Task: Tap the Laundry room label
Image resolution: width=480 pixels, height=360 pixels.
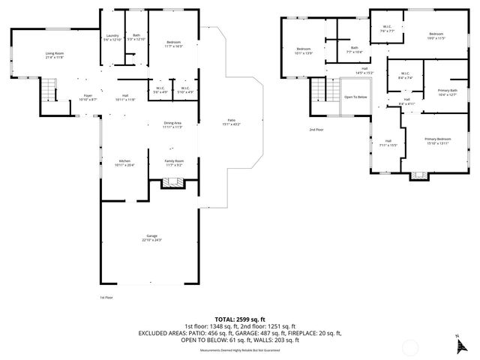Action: pos(112,37)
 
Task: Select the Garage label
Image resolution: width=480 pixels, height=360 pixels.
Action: pos(152,238)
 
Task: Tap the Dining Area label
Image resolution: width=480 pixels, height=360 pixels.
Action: pos(173,124)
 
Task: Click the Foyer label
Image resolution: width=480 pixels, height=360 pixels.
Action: pos(87,97)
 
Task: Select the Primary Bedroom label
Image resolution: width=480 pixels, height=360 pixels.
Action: pos(437,140)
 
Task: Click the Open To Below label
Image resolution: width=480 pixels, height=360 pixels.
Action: pos(355,97)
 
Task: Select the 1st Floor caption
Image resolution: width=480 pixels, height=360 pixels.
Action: pos(106,297)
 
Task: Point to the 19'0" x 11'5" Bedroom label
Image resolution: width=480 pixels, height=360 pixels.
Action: pos(437,36)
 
